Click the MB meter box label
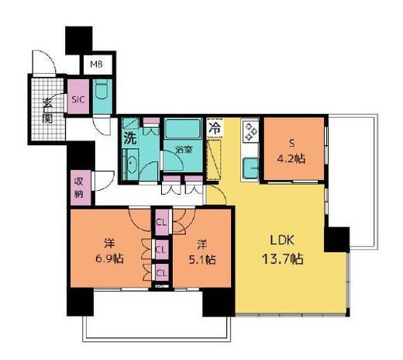(x=96, y=64)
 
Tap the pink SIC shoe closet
(x=78, y=96)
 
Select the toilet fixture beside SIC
(x=102, y=89)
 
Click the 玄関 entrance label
(x=47, y=112)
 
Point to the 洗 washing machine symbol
(x=130, y=138)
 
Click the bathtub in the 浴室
(x=183, y=129)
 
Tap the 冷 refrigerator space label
(x=215, y=128)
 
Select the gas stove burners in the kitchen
(x=250, y=132)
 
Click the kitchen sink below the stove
(x=250, y=168)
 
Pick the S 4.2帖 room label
(x=291, y=151)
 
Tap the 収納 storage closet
(x=79, y=188)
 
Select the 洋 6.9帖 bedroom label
(x=109, y=251)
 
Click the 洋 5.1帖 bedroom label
(x=202, y=251)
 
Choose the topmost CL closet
(x=162, y=222)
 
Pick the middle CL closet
(x=162, y=250)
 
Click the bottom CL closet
(x=162, y=273)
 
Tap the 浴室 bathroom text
(x=184, y=150)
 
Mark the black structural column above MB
(x=79, y=40)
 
